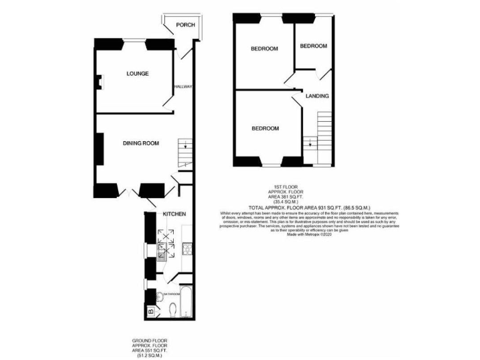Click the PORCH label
pyautogui.click(x=185, y=25)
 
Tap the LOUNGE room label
pyautogui.click(x=137, y=74)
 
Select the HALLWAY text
pyautogui.click(x=183, y=87)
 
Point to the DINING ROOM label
pyautogui.click(x=140, y=143)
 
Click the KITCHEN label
pyautogui.click(x=174, y=214)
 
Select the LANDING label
pyautogui.click(x=317, y=96)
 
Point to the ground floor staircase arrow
pyautogui.click(x=185, y=147)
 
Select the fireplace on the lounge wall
pyautogui.click(x=99, y=80)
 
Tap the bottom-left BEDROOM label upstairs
pyautogui.click(x=265, y=128)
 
